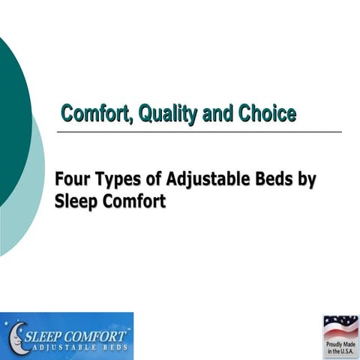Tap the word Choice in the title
point(267,114)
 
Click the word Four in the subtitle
point(72,181)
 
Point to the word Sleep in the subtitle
point(76,202)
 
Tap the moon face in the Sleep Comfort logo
point(16,336)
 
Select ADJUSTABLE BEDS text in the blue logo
point(79,346)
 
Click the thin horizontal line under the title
point(187,132)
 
